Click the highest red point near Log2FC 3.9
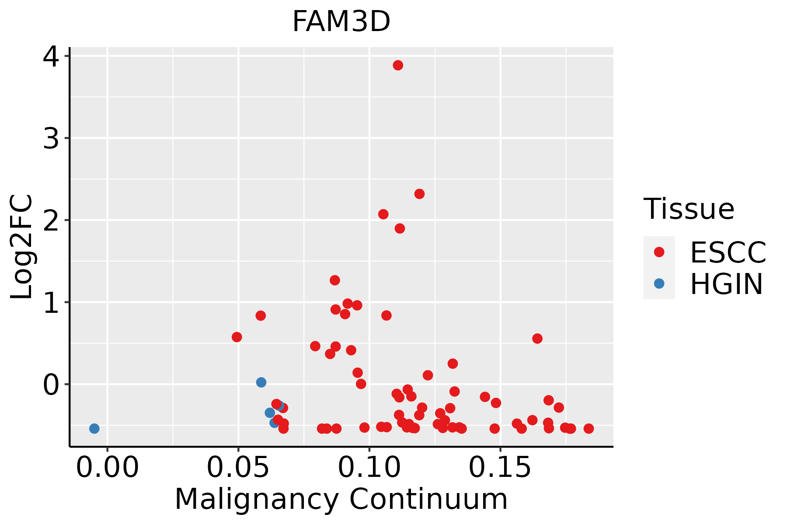click(398, 66)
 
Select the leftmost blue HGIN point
click(94, 428)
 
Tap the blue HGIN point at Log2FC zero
click(261, 382)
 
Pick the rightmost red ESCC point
click(589, 428)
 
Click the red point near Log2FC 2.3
click(419, 194)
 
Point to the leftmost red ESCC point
click(237, 337)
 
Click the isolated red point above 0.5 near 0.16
click(537, 339)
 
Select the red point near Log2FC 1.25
click(335, 280)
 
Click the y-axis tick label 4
click(51, 57)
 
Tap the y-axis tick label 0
click(51, 385)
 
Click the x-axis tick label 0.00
click(107, 468)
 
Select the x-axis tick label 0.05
click(238, 468)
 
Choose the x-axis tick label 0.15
click(500, 468)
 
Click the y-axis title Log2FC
click(22, 247)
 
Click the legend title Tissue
click(689, 209)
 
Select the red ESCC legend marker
click(659, 252)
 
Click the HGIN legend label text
click(726, 284)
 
